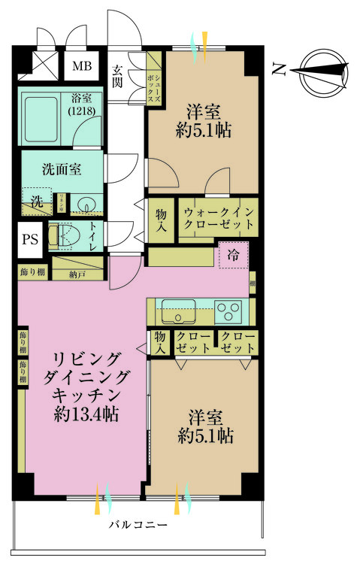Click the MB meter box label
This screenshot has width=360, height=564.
[x=82, y=65]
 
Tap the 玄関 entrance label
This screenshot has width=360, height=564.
[x=119, y=76]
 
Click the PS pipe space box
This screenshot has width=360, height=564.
[x=29, y=241]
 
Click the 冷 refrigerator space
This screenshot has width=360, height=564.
[x=234, y=256]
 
